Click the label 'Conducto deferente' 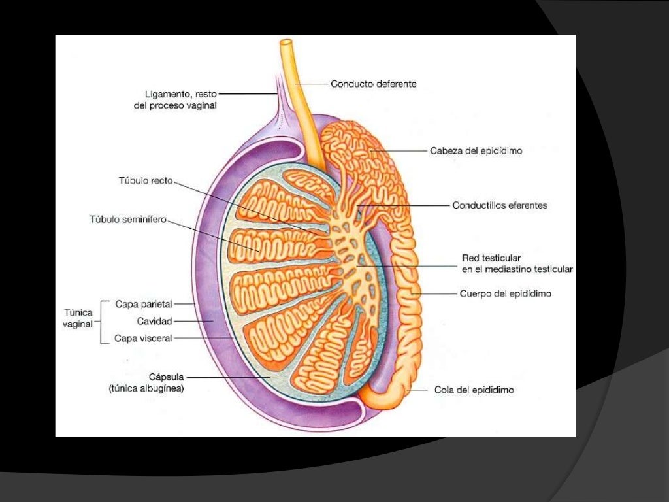373,84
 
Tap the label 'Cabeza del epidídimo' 476,151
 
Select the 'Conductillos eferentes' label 500,205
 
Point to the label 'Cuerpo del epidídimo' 505,293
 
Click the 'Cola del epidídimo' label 474,390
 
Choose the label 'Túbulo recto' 146,181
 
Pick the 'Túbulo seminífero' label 128,220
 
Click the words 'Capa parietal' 143,305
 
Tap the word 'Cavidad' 154,321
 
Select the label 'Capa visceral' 143,338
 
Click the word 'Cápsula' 166,377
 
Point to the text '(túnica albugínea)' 146,388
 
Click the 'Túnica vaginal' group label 78,318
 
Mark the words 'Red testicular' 491,258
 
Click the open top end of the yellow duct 286,42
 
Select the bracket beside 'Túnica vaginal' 101,322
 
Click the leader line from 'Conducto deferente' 312,84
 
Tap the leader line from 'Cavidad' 193,321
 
